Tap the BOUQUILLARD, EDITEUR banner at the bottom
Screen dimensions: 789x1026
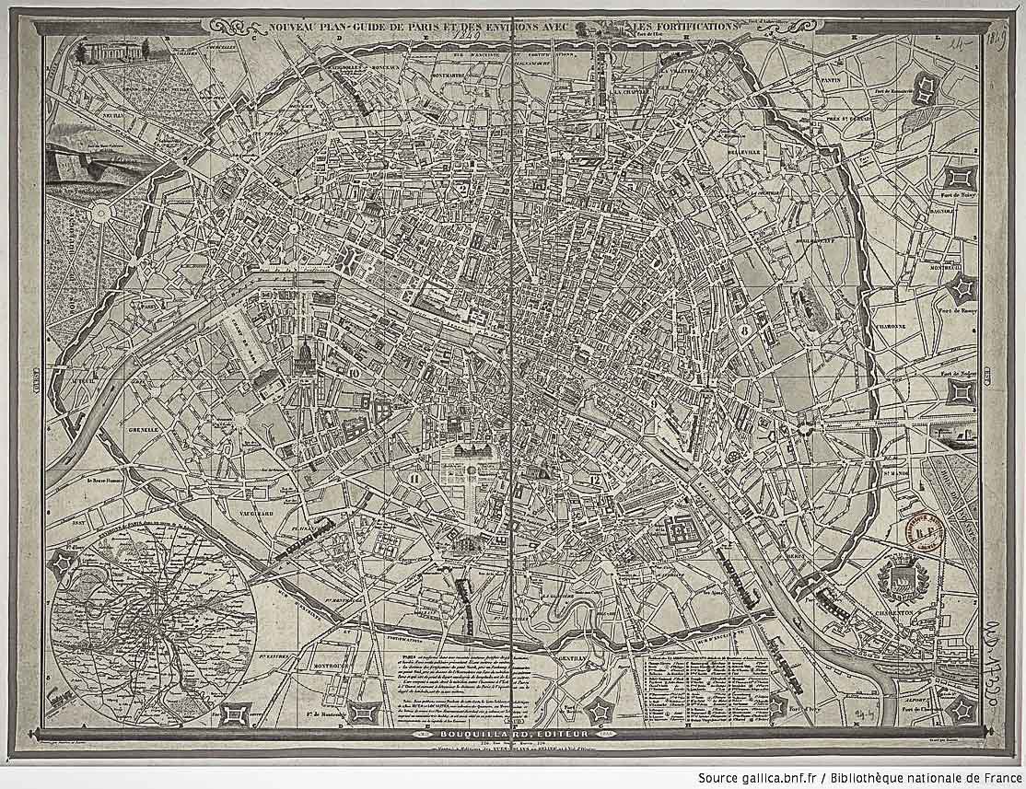pos(513,733)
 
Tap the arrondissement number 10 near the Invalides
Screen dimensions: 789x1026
pos(354,372)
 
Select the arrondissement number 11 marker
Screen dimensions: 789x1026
pos(415,478)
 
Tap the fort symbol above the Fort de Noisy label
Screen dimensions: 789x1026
pos(962,176)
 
